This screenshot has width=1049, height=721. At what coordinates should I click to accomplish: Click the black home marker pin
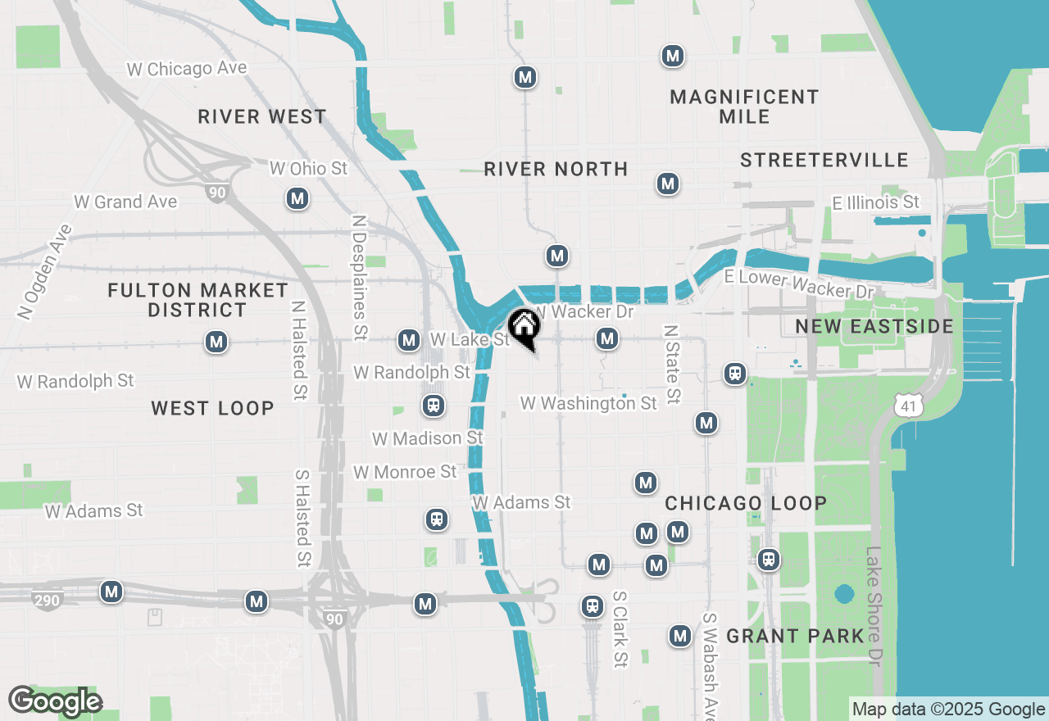(524, 327)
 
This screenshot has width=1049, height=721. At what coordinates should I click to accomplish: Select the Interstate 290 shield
(48, 601)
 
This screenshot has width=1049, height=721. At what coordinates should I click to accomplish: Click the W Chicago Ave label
(187, 69)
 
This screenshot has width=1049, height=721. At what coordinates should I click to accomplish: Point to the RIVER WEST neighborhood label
(262, 117)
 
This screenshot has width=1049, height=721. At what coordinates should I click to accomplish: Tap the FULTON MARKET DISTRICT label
(198, 300)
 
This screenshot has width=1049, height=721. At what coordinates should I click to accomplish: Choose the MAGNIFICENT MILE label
(744, 107)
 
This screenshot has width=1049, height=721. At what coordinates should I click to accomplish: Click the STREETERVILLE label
(824, 160)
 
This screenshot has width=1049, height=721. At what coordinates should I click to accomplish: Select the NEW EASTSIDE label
(874, 327)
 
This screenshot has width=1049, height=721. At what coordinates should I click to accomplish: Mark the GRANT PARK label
(796, 636)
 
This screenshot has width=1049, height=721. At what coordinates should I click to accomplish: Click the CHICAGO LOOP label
(746, 503)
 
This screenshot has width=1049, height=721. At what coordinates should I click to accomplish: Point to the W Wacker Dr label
(584, 312)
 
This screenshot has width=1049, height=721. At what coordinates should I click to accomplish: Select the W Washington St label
(588, 403)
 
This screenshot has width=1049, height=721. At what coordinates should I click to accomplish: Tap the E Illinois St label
(876, 202)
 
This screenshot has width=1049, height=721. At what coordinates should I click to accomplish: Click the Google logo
(56, 701)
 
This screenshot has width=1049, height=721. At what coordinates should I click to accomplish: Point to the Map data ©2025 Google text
(948, 710)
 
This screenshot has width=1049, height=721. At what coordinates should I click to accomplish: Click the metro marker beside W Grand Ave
(297, 198)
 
